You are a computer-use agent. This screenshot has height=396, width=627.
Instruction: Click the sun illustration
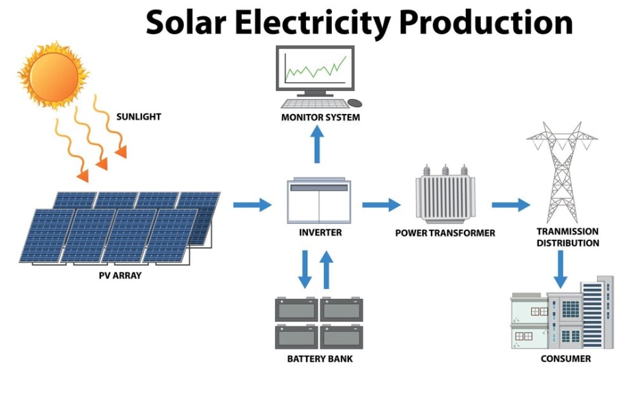point(53,74)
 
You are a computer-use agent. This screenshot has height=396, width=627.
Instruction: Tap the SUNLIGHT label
point(139,117)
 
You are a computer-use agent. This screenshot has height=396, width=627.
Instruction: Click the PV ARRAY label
point(120,275)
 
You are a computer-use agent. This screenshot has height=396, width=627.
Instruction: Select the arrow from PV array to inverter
point(252,205)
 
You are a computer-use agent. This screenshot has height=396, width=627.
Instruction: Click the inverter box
point(319,201)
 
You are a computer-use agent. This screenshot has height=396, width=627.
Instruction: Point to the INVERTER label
point(320,232)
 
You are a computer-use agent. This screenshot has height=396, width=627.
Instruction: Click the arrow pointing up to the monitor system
point(318,144)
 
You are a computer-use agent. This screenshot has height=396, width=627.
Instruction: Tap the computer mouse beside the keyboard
point(354,103)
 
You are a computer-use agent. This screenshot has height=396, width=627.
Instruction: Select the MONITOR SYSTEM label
point(320,117)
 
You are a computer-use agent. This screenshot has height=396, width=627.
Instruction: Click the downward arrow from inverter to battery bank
point(305,269)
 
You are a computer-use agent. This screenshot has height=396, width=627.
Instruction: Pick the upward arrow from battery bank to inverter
point(326,269)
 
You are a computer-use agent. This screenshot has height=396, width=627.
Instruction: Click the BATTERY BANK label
point(320,359)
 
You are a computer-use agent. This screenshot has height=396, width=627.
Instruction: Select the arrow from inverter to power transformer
point(381,205)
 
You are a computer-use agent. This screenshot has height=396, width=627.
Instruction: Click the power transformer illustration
point(445,194)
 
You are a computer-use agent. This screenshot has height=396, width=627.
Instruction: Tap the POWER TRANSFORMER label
point(445,233)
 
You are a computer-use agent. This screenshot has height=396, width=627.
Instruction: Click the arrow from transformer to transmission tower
point(511,205)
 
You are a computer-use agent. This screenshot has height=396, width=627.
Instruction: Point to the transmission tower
point(562,172)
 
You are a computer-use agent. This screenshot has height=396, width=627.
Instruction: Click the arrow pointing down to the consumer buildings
point(560,269)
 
